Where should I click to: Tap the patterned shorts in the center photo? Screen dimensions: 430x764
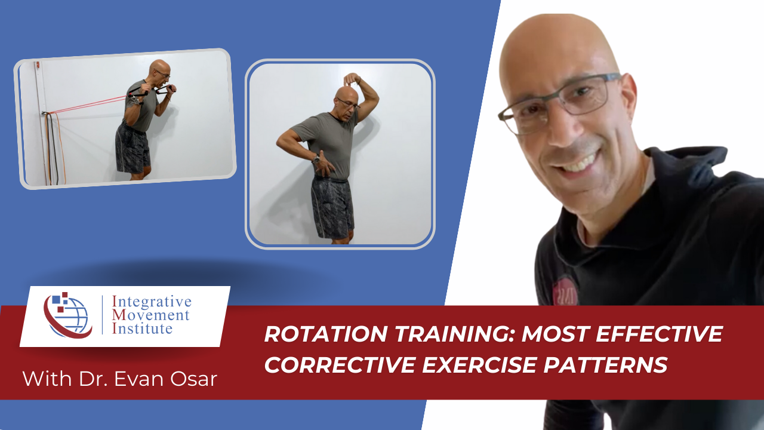pyautogui.click(x=332, y=206)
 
